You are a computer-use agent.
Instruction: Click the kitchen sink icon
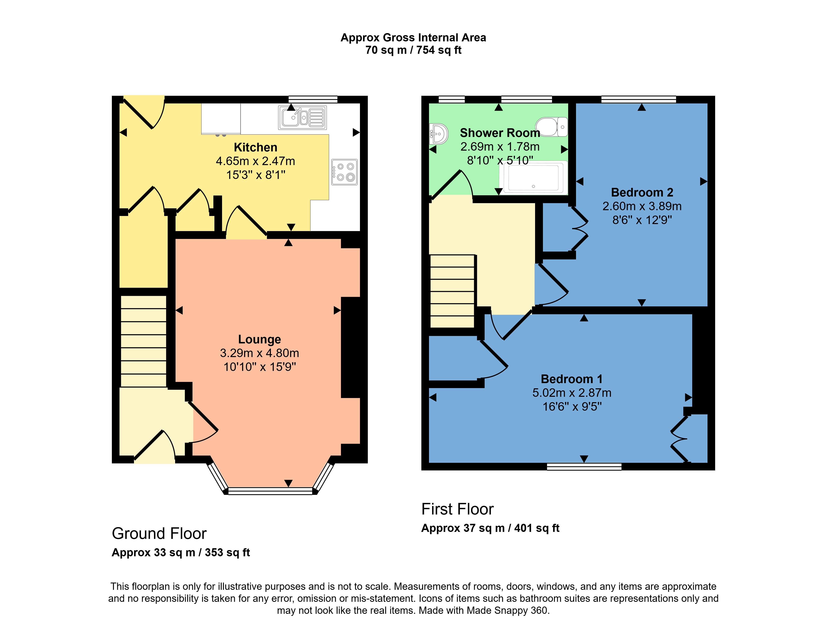(x=302, y=117)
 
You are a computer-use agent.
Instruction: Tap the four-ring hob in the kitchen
(x=344, y=172)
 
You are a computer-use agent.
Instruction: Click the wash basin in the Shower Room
(x=439, y=134)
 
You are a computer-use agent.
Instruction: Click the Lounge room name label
(x=259, y=339)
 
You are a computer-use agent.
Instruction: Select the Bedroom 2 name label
(x=642, y=192)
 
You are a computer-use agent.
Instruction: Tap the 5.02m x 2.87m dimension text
(x=571, y=393)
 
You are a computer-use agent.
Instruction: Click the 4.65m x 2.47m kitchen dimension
(x=255, y=161)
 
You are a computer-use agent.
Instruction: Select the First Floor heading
(x=457, y=509)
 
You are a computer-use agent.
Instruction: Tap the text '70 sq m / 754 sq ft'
(x=413, y=50)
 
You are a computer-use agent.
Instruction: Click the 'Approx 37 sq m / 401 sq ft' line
(x=490, y=528)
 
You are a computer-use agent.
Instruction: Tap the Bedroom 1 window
(x=584, y=467)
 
